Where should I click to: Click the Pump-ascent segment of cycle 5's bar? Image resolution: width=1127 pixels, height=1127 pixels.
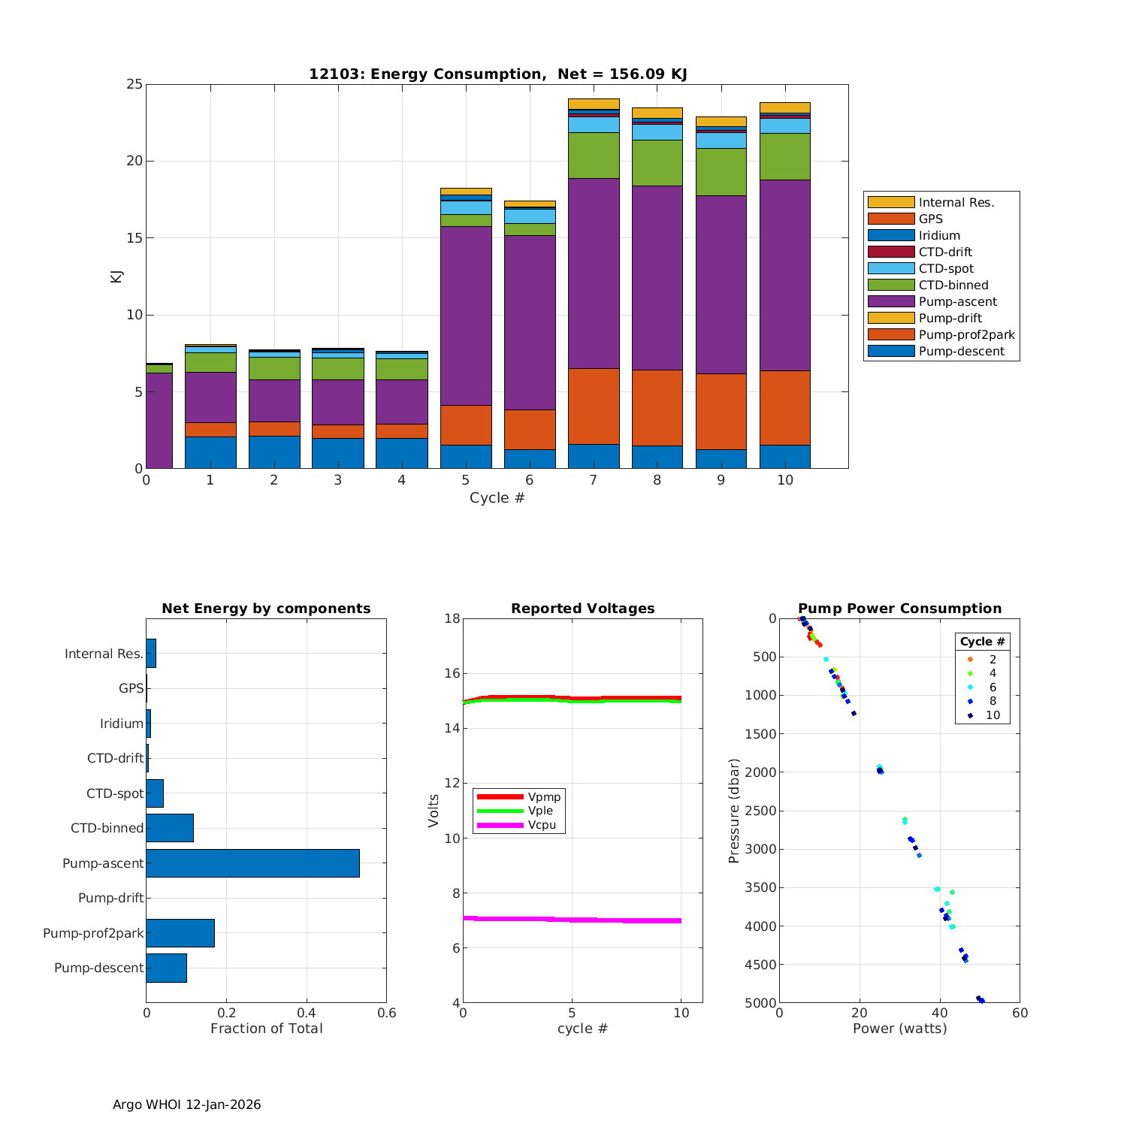[x=466, y=316]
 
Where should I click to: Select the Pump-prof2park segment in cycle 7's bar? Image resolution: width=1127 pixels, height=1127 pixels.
[x=594, y=406]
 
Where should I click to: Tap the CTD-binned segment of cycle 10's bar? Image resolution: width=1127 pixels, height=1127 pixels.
[x=784, y=156]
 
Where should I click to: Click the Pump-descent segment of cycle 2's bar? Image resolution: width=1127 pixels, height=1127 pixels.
[x=274, y=452]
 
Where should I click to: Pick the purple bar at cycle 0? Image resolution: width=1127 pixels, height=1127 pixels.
[x=159, y=421]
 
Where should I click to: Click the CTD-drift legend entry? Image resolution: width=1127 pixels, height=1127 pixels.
[x=945, y=252]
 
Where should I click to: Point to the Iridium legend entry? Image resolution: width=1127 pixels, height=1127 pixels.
[x=939, y=236]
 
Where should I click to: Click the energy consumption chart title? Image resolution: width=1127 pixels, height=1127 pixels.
[x=497, y=74]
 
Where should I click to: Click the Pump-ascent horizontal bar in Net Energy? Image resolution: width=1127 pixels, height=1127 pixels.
[x=252, y=863]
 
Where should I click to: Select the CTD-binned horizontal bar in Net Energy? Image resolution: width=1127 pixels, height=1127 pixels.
[x=170, y=828]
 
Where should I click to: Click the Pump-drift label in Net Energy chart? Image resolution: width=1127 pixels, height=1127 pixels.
[x=110, y=899]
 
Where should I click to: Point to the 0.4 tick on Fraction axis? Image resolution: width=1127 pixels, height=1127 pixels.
[x=307, y=1013]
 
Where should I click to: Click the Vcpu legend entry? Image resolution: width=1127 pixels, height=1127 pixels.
[x=542, y=825]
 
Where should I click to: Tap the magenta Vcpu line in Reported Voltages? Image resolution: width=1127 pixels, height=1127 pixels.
[x=571, y=920]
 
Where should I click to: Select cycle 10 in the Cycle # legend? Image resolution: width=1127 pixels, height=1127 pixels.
[x=993, y=715]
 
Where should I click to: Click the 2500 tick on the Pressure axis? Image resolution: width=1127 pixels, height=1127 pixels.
[x=761, y=811]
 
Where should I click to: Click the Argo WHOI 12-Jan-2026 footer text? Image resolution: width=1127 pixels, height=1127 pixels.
[x=186, y=1104]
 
